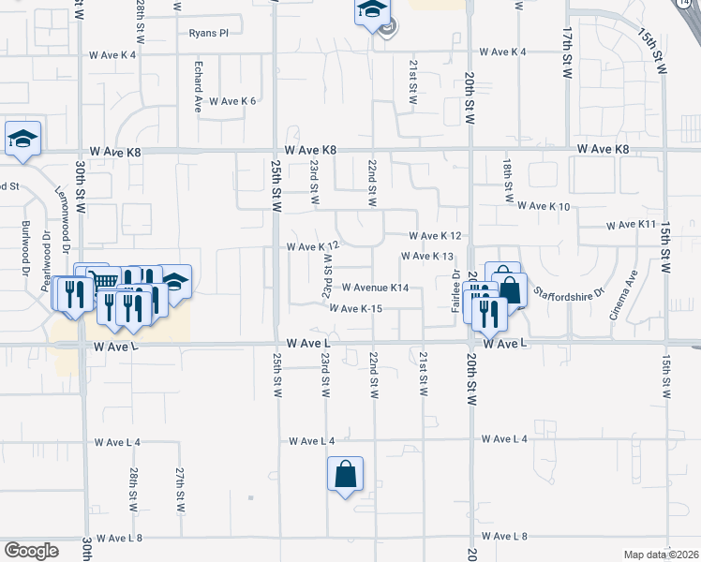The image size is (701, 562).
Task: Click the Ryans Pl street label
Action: [208, 33]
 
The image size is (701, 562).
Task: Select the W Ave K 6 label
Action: [231, 101]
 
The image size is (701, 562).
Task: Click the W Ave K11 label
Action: [631, 225]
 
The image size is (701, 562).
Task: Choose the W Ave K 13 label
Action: [427, 256]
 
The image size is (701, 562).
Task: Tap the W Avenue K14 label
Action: [375, 288]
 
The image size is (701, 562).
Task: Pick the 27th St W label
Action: [178, 482]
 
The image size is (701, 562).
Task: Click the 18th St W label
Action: [506, 180]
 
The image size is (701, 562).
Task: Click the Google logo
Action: [32, 551]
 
